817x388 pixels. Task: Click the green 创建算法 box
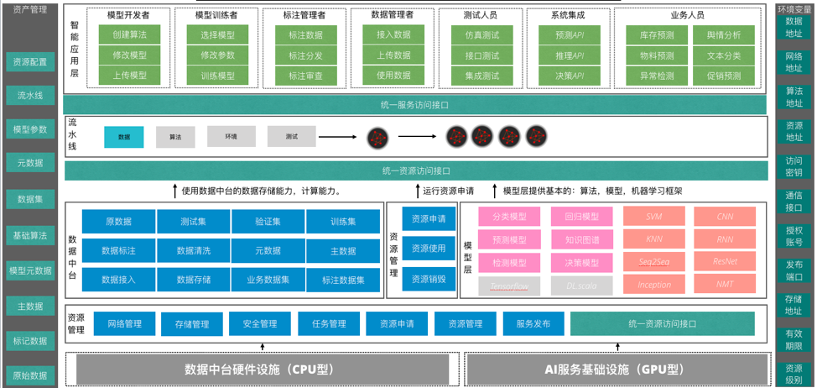(x=128, y=35)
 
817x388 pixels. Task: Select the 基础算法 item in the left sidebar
(x=30, y=235)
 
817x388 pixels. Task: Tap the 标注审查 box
(x=305, y=76)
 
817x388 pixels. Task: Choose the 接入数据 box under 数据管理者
(x=393, y=34)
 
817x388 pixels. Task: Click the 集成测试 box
(x=481, y=76)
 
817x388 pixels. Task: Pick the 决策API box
(x=570, y=76)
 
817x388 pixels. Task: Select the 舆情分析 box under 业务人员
(x=724, y=35)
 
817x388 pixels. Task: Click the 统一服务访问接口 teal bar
(x=415, y=105)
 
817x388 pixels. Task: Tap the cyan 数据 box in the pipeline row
(x=124, y=136)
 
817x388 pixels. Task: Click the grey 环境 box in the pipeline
(x=231, y=136)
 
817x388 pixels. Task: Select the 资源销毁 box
(x=429, y=278)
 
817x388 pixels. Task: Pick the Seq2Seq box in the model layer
(x=653, y=262)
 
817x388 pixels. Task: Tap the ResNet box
(x=725, y=262)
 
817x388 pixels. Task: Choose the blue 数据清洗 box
(x=193, y=250)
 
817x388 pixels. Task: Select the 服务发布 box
(x=533, y=324)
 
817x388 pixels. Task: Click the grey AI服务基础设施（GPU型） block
(x=616, y=369)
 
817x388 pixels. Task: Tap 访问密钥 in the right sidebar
(x=794, y=166)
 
